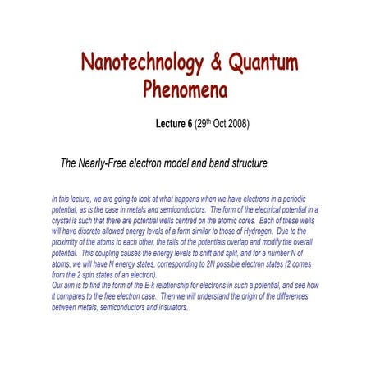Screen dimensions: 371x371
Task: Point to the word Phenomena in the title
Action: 185,86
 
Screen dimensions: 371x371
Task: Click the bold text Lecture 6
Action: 175,125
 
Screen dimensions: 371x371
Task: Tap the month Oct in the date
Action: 213,125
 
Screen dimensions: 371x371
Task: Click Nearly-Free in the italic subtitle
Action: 108,163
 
